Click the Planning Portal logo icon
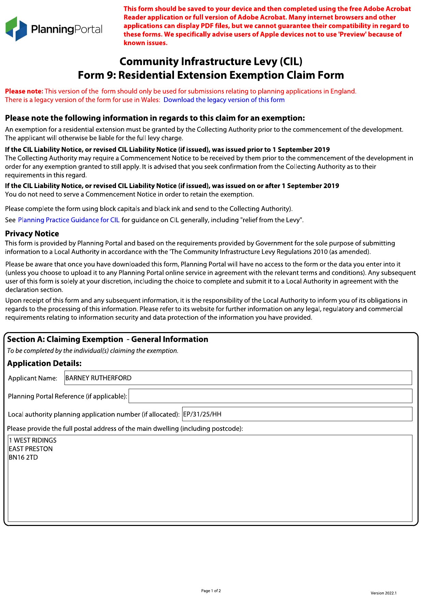pyautogui.click(x=16, y=29)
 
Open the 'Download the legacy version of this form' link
pyautogui.click(x=224, y=100)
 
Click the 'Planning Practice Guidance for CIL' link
pyautogui.click(x=69, y=220)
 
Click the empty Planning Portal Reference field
pyautogui.click(x=270, y=396)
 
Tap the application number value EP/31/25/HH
pyautogui.click(x=202, y=414)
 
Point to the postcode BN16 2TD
pyautogui.click(x=24, y=457)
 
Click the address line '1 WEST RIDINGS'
pyautogui.click(x=33, y=440)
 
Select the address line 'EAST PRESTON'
pyautogui.click(x=31, y=449)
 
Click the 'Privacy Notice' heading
pyautogui.click(x=32, y=233)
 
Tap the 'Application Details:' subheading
pyautogui.click(x=44, y=363)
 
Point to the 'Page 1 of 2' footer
pyautogui.click(x=211, y=591)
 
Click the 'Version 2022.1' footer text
pyautogui.click(x=383, y=593)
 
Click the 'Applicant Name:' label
pyautogui.click(x=33, y=378)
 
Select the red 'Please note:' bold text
pyautogui.click(x=24, y=91)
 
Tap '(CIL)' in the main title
pyautogui.click(x=291, y=61)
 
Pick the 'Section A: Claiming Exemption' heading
pyautogui.click(x=65, y=339)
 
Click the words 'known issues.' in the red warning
pyautogui.click(x=145, y=43)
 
